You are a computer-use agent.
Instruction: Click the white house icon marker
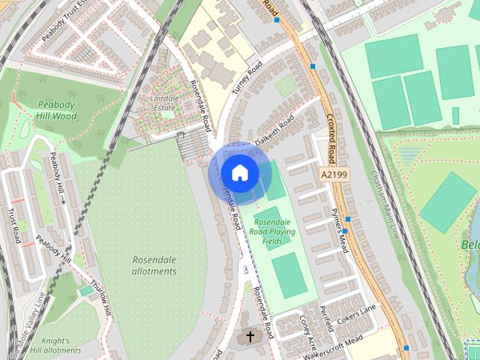click(x=239, y=172)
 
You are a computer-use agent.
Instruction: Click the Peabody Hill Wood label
click(x=56, y=110)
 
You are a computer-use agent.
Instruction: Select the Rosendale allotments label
click(x=154, y=265)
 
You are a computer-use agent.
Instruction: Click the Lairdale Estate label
click(x=163, y=103)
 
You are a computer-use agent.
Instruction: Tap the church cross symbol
click(x=250, y=337)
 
